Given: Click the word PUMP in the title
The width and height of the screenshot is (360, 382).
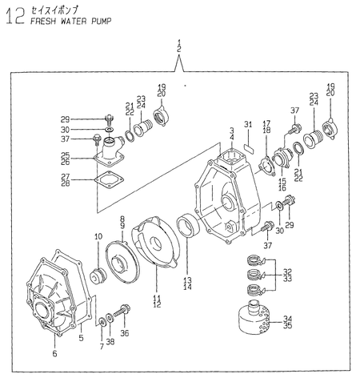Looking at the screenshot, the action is tap(102, 21).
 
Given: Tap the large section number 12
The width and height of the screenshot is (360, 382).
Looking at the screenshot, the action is tap(16, 16).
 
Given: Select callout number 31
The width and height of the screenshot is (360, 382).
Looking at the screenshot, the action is tap(248, 124).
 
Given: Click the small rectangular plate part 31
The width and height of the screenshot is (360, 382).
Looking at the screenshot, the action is tap(250, 148).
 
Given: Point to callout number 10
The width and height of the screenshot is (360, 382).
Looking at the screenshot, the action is tap(98, 236).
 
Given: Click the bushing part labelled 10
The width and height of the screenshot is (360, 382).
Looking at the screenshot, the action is tap(98, 275).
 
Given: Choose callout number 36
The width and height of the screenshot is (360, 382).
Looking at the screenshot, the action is tap(125, 333).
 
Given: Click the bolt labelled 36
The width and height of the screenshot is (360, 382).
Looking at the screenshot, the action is tap(122, 311).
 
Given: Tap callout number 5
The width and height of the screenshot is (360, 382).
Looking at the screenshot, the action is tap(82, 338).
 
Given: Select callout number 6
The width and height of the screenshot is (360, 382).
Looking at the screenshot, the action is tap(54, 354).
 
